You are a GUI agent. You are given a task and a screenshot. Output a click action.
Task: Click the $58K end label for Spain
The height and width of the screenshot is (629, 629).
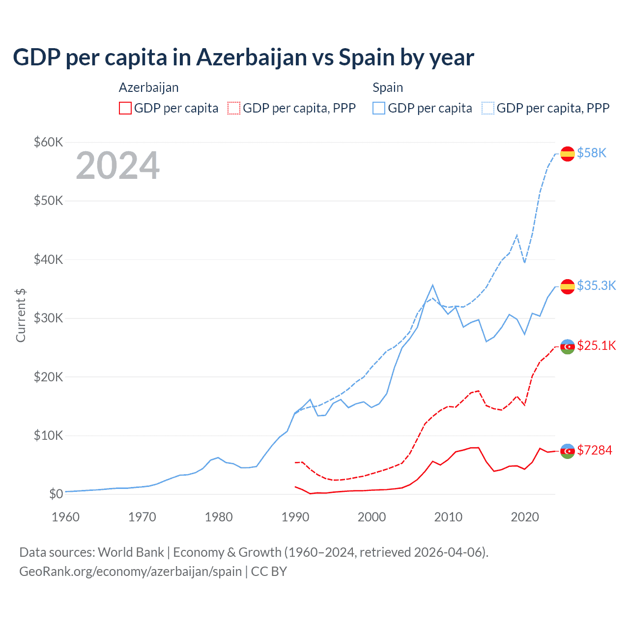592,153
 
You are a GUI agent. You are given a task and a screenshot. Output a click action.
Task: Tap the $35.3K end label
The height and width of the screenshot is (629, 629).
596,286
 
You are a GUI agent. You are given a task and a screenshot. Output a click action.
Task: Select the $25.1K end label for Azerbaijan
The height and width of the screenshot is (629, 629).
596,345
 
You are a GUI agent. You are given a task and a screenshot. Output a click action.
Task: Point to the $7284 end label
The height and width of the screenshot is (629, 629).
595,450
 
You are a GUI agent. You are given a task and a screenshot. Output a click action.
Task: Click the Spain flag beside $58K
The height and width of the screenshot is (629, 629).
568,153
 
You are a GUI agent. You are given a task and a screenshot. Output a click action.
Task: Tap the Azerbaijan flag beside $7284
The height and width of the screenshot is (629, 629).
568,451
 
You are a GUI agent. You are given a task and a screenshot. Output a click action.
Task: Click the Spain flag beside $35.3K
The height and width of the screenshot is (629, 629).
568,286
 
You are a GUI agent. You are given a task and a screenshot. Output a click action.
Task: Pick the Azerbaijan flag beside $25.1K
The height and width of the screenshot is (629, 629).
568,346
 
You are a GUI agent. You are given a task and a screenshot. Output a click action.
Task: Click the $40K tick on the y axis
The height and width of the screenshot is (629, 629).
48,259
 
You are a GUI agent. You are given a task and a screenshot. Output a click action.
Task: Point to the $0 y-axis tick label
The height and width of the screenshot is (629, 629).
56,494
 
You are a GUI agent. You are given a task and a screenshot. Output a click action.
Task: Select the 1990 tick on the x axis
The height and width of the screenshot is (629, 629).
295,517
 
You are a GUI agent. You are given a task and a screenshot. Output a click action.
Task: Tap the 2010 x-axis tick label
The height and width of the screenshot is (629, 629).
448,517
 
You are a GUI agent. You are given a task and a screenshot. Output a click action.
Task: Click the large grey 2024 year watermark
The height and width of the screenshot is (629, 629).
118,166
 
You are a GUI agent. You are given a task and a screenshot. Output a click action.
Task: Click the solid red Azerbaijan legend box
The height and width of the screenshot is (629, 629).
125,108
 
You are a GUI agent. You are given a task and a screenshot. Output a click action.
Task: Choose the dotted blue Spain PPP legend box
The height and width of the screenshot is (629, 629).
488,108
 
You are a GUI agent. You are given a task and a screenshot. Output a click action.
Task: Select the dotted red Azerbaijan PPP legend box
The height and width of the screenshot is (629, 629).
234,108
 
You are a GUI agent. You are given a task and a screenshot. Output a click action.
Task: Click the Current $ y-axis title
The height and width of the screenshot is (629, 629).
21,315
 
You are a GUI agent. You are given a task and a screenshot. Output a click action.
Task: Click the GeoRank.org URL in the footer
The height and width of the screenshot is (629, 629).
130,572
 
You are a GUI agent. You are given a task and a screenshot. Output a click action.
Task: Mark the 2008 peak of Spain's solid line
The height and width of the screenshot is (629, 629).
432,285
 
